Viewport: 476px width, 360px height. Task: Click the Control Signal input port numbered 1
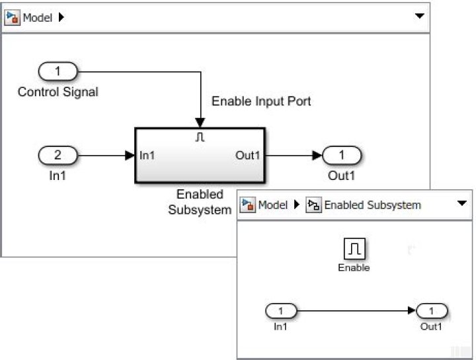click(58, 71)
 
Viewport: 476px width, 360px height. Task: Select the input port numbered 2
click(58, 156)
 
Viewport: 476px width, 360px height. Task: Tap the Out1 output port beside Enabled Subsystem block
click(341, 156)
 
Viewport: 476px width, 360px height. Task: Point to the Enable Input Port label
click(260, 101)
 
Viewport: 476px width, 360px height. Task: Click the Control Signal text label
click(58, 92)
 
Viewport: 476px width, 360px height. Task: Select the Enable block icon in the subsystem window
click(354, 249)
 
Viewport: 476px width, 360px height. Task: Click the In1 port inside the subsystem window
click(281, 310)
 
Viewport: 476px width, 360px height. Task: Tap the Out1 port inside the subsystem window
click(432, 310)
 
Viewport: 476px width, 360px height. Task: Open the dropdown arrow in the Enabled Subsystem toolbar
click(462, 204)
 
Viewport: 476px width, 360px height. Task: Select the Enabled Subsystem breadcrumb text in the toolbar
click(372, 205)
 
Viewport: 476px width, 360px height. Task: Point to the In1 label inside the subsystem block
click(147, 156)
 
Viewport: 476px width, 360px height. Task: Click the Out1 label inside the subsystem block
click(248, 156)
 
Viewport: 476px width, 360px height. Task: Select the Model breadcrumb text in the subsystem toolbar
click(272, 205)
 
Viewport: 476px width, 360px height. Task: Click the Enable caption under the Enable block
click(354, 268)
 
